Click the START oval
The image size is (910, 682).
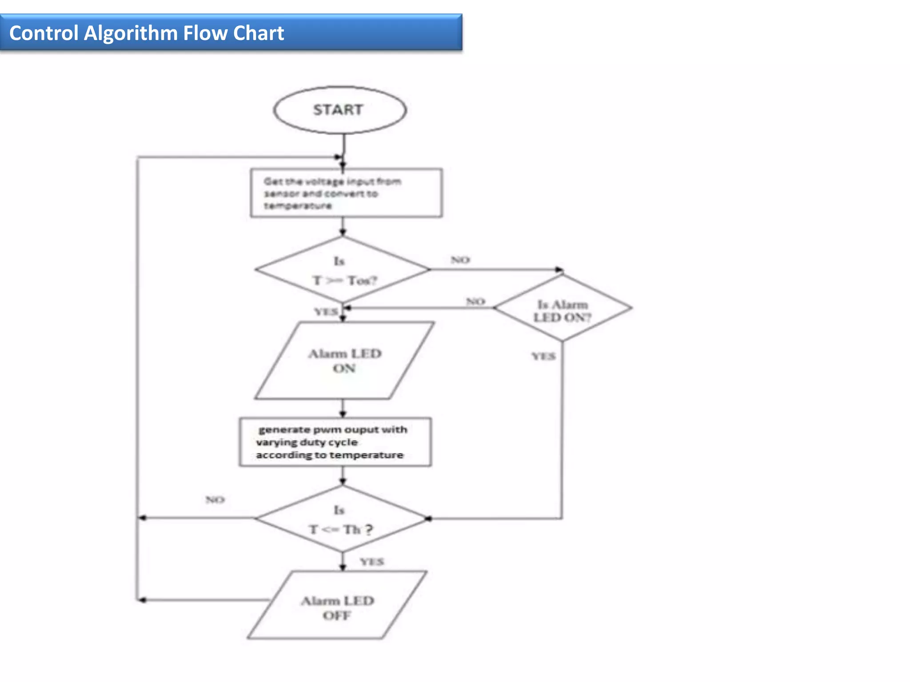point(339,110)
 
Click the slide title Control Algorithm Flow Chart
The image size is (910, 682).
point(147,33)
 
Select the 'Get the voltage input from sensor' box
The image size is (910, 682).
point(346,193)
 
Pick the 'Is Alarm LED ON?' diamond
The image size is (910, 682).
point(562,308)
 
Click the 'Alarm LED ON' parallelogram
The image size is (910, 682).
point(344,361)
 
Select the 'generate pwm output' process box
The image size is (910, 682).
point(335,442)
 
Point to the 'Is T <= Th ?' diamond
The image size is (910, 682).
point(341,519)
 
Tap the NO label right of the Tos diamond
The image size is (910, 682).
point(460,260)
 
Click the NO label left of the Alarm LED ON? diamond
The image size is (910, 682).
point(475,301)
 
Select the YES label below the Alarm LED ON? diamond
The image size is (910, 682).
point(543,356)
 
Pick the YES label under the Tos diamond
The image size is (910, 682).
point(326,312)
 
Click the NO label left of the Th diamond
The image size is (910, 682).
point(215,500)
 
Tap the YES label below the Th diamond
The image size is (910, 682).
point(372,562)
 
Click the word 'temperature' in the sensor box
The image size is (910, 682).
point(298,206)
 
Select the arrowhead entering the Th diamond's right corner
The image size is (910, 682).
point(429,519)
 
